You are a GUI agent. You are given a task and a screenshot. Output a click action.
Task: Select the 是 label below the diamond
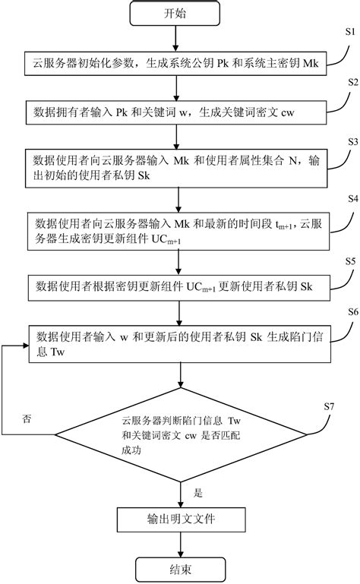(198, 492)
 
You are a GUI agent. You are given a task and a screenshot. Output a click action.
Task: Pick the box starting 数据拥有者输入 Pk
(180, 113)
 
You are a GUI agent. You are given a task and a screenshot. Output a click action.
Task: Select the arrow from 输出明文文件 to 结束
(180, 545)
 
